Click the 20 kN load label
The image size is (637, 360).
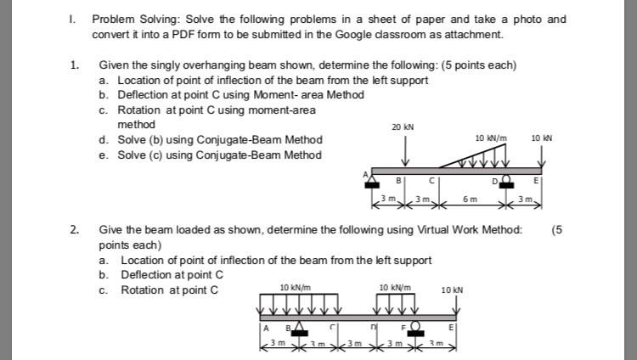pyautogui.click(x=402, y=127)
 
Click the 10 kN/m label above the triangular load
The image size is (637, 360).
pyautogui.click(x=491, y=138)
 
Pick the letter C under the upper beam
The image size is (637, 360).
pyautogui.click(x=431, y=180)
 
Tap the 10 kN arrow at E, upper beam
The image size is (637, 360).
pyautogui.click(x=541, y=155)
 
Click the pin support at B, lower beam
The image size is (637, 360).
pyautogui.click(x=299, y=330)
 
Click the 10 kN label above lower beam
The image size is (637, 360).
pyautogui.click(x=452, y=290)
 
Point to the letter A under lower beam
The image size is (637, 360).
pyautogui.click(x=265, y=329)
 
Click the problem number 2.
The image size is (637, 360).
pyautogui.click(x=75, y=229)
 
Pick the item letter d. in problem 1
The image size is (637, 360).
pyautogui.click(x=103, y=140)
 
